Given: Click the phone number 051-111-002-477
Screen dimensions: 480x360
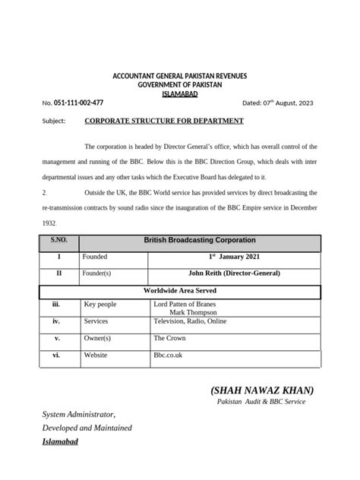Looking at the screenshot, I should tap(78, 102).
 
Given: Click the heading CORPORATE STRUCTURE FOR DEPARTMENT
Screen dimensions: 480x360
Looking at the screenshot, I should tap(164, 121).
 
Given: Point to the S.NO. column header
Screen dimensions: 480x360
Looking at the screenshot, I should tap(59, 240).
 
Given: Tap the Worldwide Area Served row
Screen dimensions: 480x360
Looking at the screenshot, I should tap(180, 289).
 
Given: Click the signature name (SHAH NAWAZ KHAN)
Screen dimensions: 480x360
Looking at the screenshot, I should tap(262, 390).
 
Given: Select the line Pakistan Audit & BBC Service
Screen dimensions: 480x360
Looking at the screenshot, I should tap(261, 402).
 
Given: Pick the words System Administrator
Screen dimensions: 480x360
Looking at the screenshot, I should tap(78, 415).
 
